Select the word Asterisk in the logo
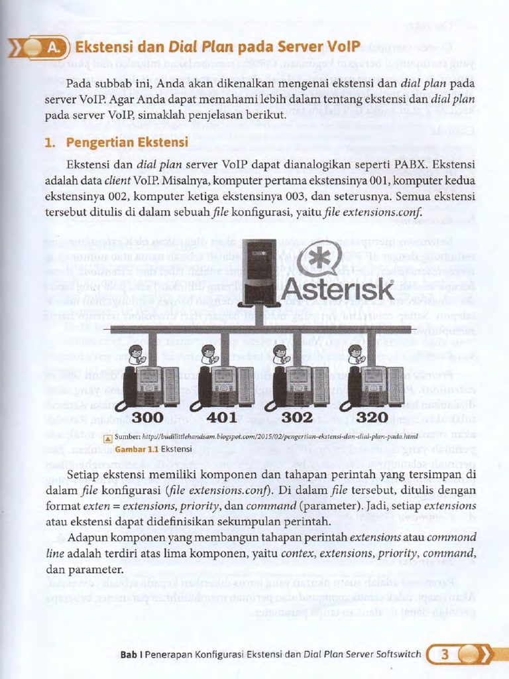(x=338, y=289)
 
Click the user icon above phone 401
(x=208, y=354)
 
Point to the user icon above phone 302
(x=281, y=354)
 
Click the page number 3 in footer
(x=445, y=655)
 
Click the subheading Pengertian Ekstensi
(x=127, y=142)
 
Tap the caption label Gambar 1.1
(x=137, y=448)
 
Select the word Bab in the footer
(x=128, y=655)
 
